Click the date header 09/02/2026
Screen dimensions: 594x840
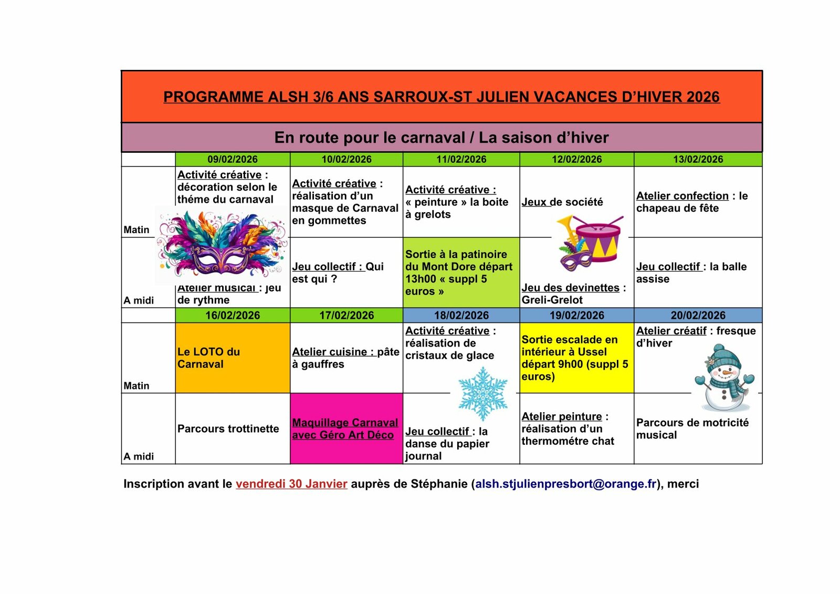tap(232, 159)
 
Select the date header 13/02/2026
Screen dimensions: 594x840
tap(698, 159)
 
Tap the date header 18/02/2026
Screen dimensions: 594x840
tap(461, 315)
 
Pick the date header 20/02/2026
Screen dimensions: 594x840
tap(698, 315)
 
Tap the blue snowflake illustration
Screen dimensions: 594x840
tap(482, 394)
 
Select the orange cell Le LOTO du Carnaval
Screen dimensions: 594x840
tap(232, 358)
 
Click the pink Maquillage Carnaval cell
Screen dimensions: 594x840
tap(346, 429)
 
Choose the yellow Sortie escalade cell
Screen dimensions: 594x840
tap(576, 358)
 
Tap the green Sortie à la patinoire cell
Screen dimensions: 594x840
tap(460, 273)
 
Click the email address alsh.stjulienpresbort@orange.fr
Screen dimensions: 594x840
tap(565, 484)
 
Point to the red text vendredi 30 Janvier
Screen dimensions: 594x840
tap(291, 484)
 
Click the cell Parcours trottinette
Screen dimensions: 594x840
tap(228, 429)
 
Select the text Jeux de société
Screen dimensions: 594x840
tap(562, 202)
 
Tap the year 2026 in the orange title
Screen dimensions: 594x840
tap(702, 97)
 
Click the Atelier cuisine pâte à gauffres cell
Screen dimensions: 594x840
tap(345, 358)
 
